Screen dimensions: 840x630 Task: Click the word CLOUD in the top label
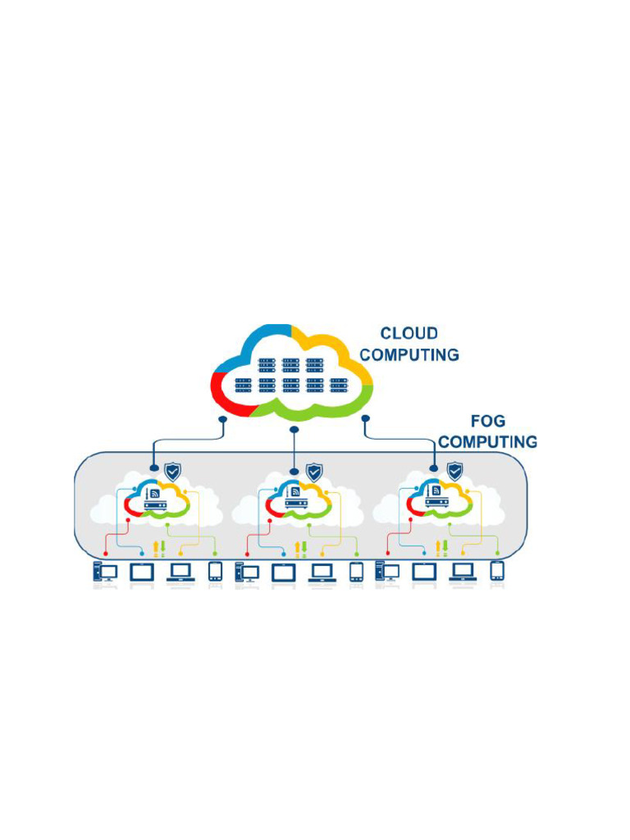(409, 334)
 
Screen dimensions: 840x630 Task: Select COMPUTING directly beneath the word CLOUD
(409, 355)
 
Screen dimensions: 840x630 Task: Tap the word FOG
(488, 421)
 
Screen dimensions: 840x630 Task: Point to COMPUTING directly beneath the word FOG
(487, 442)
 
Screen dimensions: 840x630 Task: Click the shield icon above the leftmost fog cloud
(172, 472)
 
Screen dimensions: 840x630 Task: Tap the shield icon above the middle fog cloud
(313, 472)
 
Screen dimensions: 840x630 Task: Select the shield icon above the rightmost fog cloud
(454, 472)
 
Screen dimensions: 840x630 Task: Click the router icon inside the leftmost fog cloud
(154, 498)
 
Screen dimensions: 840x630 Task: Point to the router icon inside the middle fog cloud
(295, 498)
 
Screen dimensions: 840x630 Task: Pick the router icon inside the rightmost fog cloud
(436, 498)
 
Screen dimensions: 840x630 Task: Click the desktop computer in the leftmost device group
(104, 572)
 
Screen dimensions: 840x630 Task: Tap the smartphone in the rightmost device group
(497, 571)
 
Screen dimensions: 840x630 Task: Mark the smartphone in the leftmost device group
(215, 571)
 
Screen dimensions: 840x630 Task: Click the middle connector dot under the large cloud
(294, 428)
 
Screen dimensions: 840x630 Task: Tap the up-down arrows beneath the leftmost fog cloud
(161, 549)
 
